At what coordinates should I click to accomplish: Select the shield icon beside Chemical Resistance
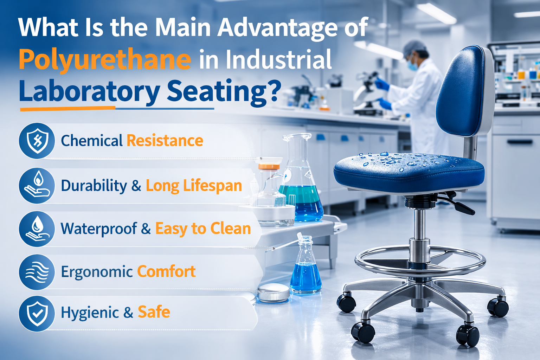[x=37, y=141]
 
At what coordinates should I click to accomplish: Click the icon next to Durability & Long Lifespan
[x=37, y=185]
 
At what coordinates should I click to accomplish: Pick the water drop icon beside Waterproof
[x=37, y=229]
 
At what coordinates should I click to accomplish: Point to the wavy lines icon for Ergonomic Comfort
[x=37, y=272]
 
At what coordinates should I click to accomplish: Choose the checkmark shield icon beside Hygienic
[x=37, y=314]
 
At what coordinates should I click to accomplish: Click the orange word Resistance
[x=165, y=141]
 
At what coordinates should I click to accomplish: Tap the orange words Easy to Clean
[x=203, y=229]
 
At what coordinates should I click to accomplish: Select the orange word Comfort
[x=166, y=271]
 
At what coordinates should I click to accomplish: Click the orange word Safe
[x=154, y=312]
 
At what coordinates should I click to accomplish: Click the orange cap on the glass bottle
[x=269, y=167]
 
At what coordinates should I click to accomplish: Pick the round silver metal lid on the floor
[x=274, y=293]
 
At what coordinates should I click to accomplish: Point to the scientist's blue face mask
[x=413, y=65]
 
